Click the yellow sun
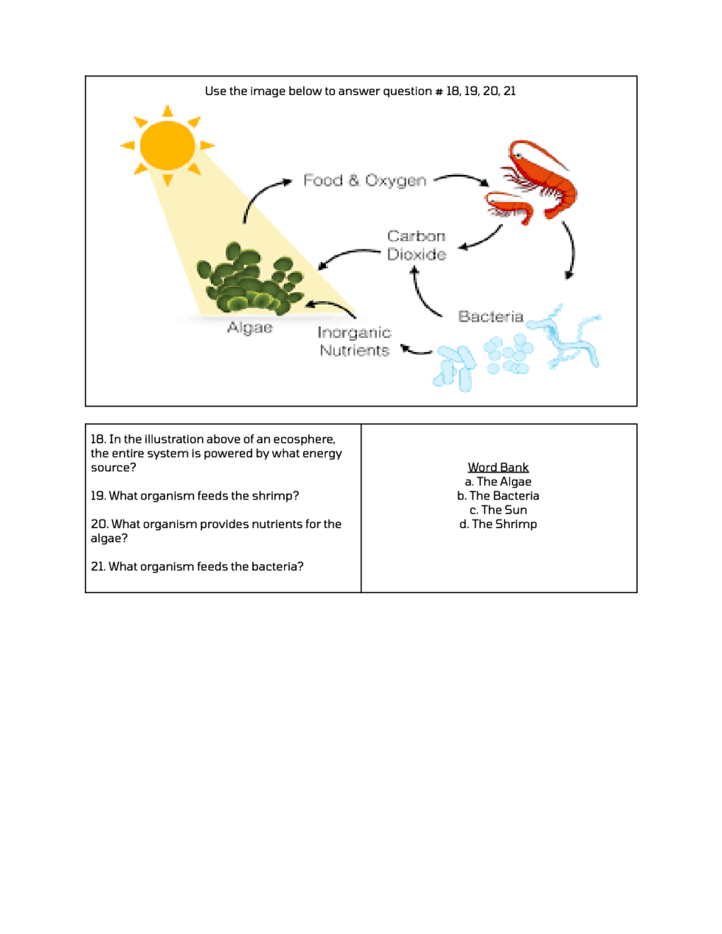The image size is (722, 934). [x=167, y=145]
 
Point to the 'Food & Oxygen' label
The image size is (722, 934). [x=364, y=181]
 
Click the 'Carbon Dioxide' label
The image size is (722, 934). [x=417, y=245]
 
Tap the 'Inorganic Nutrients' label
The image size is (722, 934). [x=354, y=342]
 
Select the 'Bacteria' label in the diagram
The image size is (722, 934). [x=490, y=316]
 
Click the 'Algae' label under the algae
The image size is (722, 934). [x=250, y=328]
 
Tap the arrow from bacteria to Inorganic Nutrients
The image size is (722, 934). [x=416, y=350]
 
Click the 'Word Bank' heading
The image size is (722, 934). [x=498, y=467]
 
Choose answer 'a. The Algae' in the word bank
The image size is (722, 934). [x=498, y=482]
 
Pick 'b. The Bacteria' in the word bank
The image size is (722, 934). [x=498, y=496]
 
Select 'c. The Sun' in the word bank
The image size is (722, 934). [x=498, y=510]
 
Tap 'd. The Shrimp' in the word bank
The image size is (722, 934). [x=498, y=524]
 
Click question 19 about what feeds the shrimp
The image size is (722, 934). [x=195, y=496]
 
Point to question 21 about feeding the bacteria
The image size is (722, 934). [x=197, y=567]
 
